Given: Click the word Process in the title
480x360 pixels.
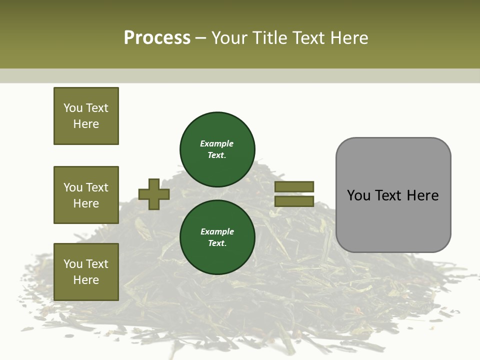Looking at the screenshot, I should (x=157, y=38).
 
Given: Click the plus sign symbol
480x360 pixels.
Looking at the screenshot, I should (x=154, y=194).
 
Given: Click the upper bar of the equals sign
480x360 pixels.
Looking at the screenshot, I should (x=294, y=186).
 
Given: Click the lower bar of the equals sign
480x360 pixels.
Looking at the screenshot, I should (x=294, y=201).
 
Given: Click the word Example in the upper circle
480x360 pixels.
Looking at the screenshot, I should (x=216, y=143).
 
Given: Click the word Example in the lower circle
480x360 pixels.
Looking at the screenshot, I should (x=217, y=231).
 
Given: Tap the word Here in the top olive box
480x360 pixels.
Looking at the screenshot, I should (x=86, y=124).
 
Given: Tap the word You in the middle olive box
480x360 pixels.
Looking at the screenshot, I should (x=72, y=187).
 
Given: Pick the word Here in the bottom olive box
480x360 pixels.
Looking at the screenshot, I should (x=86, y=280).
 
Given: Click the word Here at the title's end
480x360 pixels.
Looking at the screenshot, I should (x=348, y=38).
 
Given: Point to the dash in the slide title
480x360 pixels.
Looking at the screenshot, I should (x=200, y=38).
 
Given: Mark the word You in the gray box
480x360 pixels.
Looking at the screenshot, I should (x=358, y=195).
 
